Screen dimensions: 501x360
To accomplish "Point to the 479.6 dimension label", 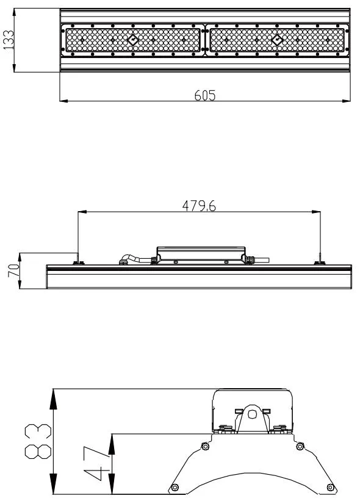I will point(200,206).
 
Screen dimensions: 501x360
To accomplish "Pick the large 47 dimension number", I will point(93,464).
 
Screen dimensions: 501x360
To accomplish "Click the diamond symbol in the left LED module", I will point(132,40).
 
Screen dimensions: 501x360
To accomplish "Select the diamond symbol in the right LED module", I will point(277,40).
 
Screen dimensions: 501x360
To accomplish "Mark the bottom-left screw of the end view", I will point(175,487).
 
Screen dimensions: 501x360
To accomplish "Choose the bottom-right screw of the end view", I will point(330,487).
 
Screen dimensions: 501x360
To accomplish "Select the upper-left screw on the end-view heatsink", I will point(205,447).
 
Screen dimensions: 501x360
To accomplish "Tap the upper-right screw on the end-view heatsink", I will point(300,447).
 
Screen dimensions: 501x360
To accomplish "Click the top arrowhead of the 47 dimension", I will point(112,441).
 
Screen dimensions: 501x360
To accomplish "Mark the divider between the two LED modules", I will point(206,40).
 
